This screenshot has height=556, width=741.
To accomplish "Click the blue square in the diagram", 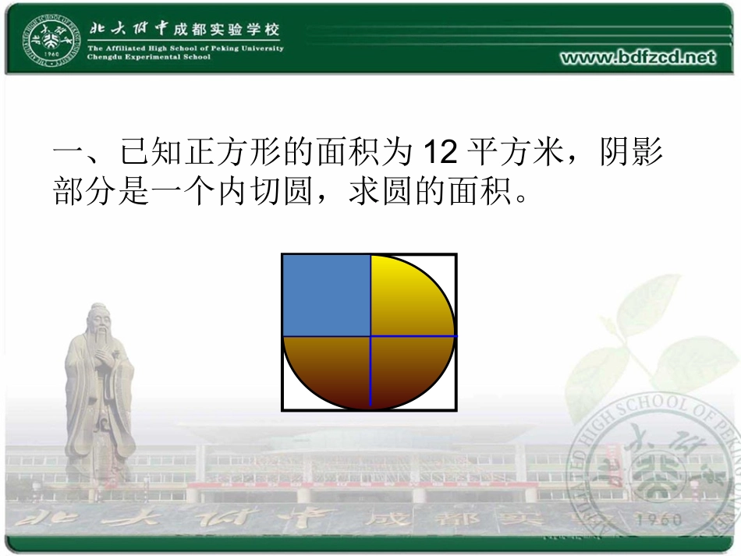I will pyautogui.click(x=326, y=295).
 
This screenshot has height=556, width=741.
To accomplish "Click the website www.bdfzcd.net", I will pyautogui.click(x=638, y=57).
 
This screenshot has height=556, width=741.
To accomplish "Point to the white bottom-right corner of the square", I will pyautogui.click(x=451, y=403).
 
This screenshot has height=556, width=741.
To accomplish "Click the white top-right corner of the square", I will pyautogui.click(x=451, y=261).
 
